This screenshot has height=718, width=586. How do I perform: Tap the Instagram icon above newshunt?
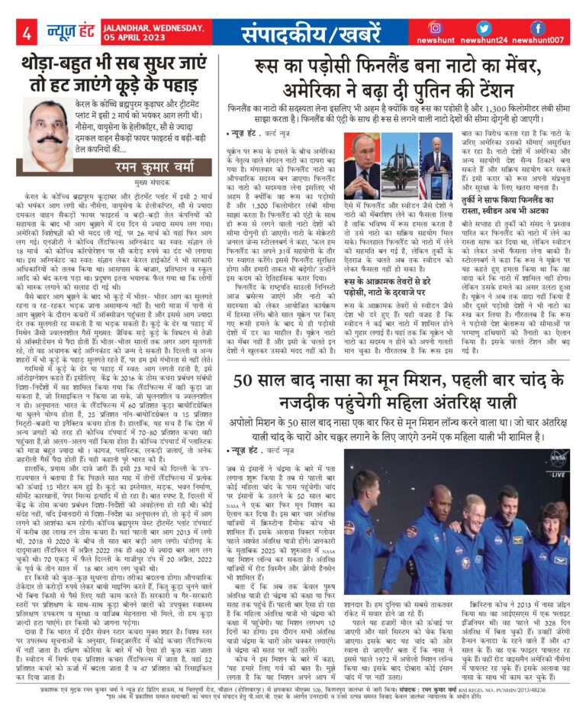tap(436, 28)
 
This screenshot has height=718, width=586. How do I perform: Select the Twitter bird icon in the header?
tap(488, 28)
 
